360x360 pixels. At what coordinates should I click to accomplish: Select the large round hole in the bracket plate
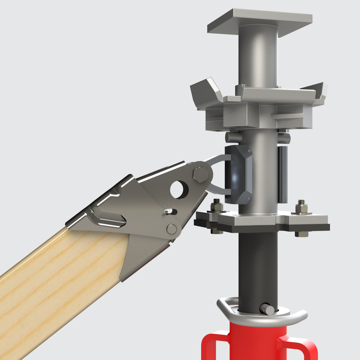tap(179, 189)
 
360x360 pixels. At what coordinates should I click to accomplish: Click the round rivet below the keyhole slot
tap(172, 229)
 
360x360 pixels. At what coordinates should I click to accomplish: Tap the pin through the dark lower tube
tap(267, 309)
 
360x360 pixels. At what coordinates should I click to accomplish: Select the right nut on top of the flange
tap(301, 208)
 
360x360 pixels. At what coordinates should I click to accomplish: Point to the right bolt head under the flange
tap(301, 234)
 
